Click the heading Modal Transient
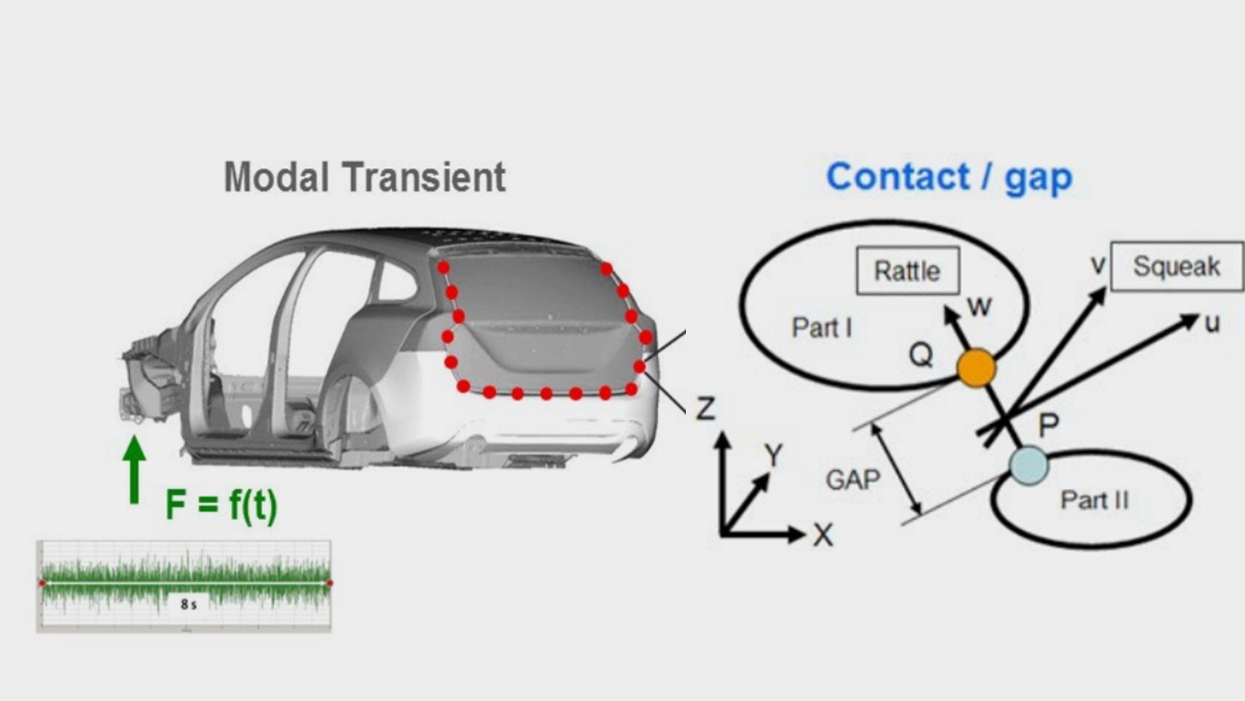[x=364, y=178]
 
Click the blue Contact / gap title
[x=950, y=178]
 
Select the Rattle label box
[x=908, y=271]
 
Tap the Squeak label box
[x=1176, y=266]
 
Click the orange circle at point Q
[x=977, y=368]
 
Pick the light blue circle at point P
[x=1029, y=466]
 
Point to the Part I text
[x=822, y=328]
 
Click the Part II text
[x=1094, y=500]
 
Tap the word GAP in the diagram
[x=853, y=480]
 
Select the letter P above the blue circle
[x=1049, y=425]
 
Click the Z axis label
[x=706, y=408]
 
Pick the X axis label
[x=823, y=536]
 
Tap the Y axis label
[x=774, y=455]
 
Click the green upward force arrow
[x=134, y=470]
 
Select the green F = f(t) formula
[x=221, y=504]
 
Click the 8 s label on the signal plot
[x=188, y=604]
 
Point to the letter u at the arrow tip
[x=1212, y=323]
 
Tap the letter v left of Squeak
[x=1098, y=265]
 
